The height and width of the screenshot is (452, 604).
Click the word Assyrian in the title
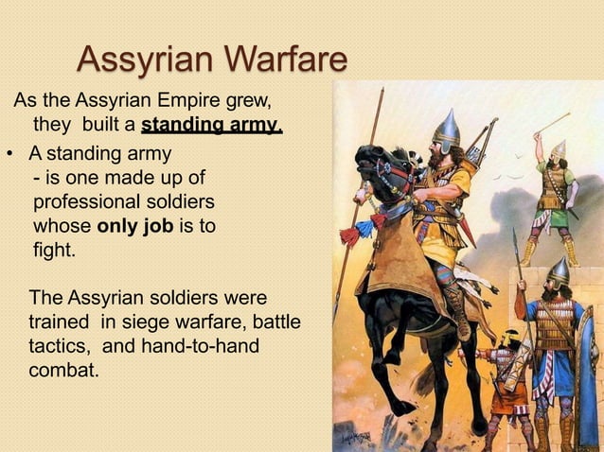tap(140, 60)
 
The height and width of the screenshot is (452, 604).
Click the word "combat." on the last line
tap(63, 370)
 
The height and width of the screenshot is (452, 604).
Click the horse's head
tap(380, 161)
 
